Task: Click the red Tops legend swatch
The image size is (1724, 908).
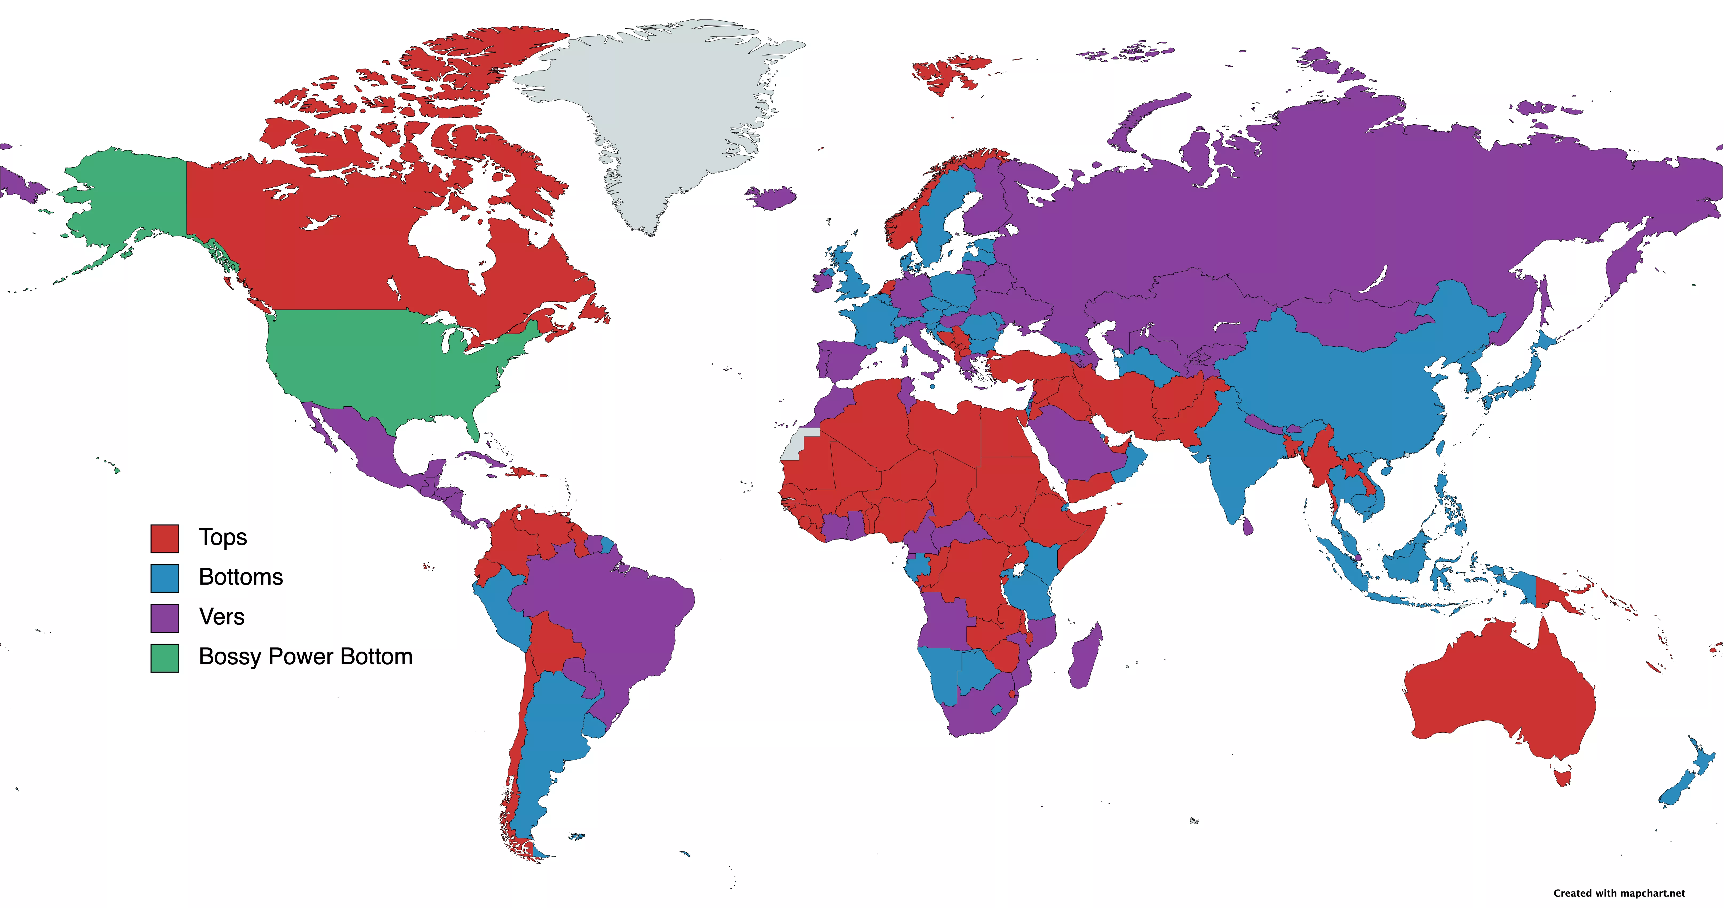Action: [165, 539]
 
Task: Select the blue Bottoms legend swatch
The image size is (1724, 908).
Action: [165, 578]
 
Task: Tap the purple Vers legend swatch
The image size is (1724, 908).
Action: [165, 618]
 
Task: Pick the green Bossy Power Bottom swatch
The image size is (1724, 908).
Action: [165, 658]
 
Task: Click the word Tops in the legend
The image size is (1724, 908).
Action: [223, 537]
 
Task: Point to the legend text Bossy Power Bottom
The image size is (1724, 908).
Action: [305, 656]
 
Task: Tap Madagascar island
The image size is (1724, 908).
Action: [1084, 656]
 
